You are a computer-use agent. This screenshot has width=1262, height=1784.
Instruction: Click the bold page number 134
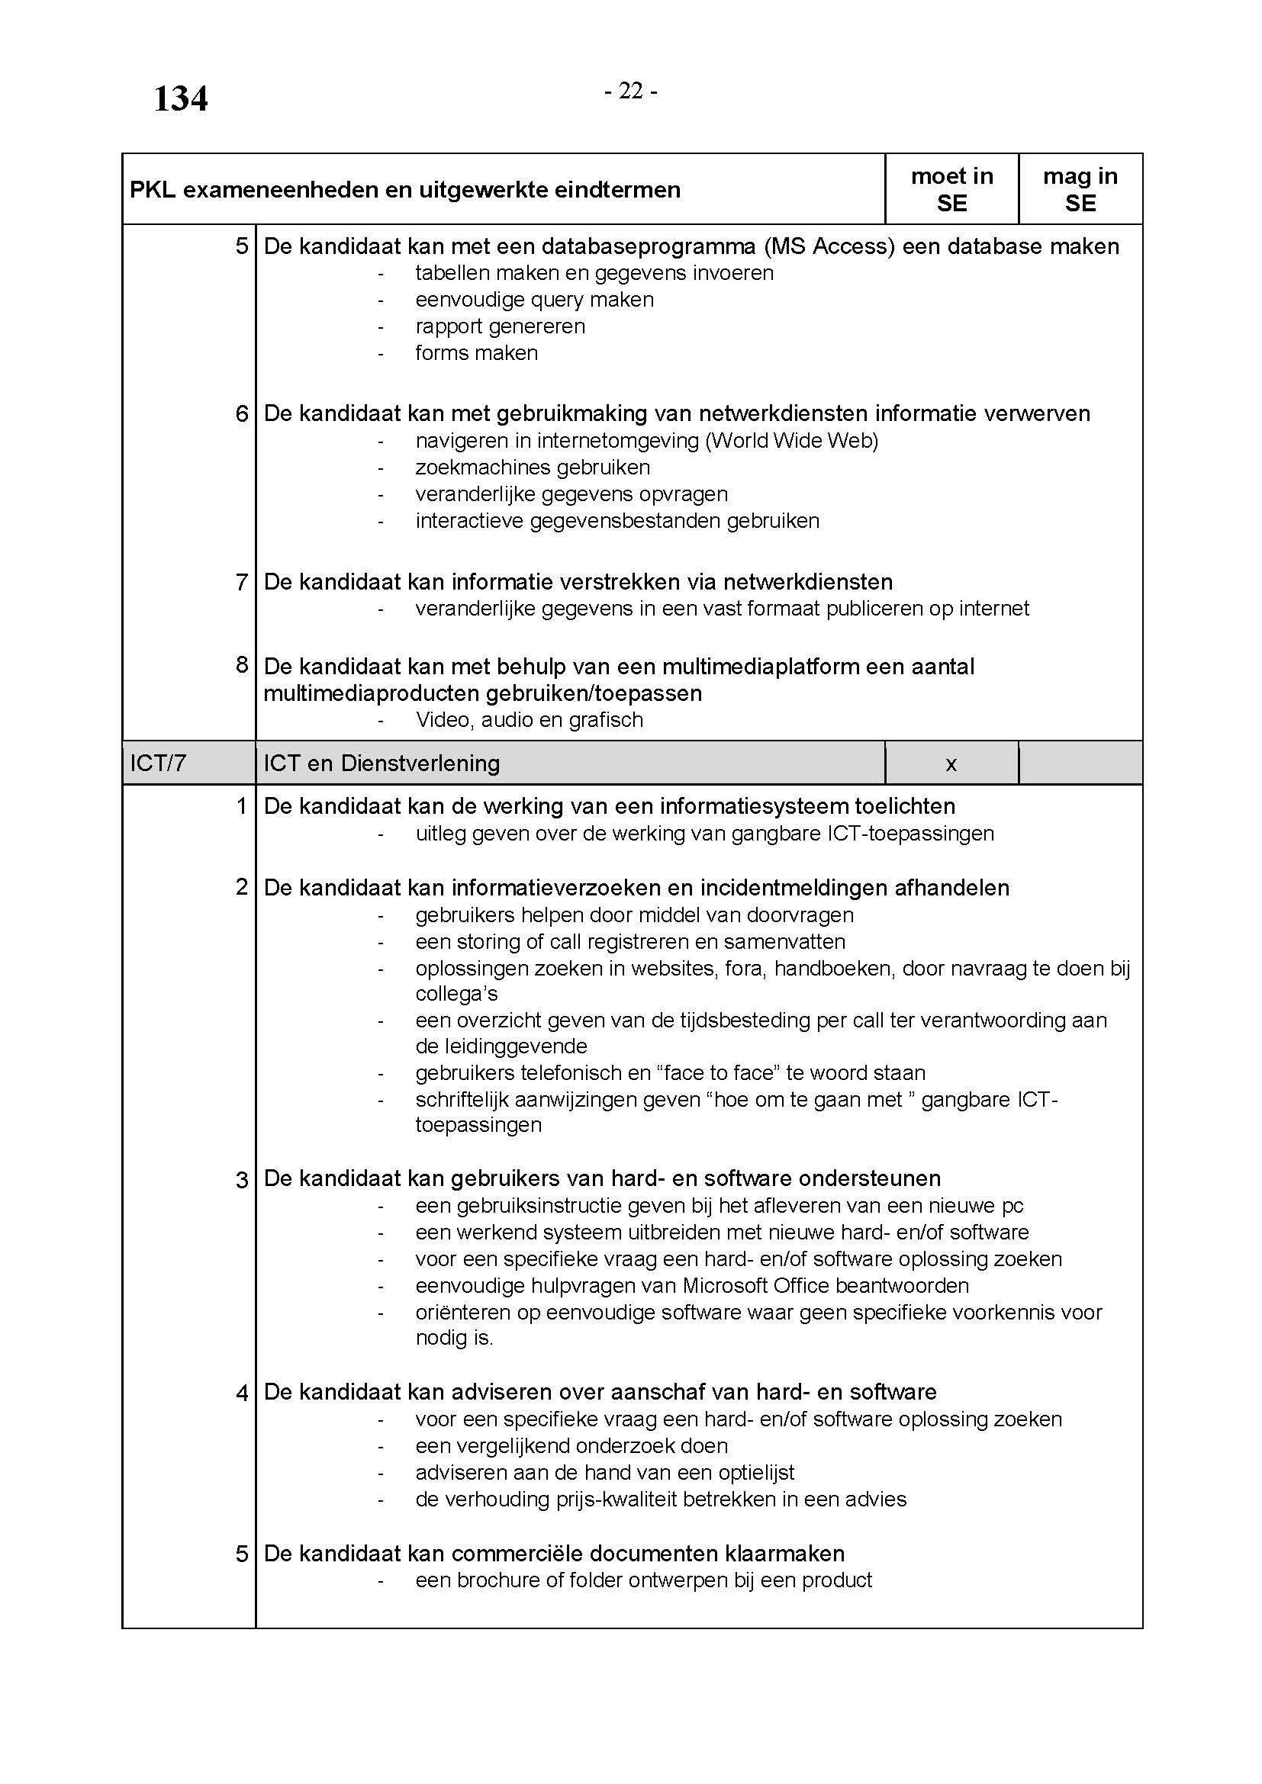click(180, 99)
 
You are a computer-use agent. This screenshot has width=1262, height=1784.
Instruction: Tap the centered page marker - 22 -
click(631, 92)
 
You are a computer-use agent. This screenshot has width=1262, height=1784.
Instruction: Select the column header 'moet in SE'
click(951, 190)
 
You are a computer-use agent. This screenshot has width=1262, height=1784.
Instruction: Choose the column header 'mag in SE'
click(1080, 190)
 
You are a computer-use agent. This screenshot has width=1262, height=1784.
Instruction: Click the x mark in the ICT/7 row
click(951, 764)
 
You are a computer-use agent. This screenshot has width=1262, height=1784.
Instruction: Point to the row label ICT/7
click(158, 763)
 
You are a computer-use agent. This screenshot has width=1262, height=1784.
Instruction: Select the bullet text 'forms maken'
click(476, 353)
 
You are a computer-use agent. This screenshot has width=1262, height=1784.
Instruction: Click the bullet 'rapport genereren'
click(500, 326)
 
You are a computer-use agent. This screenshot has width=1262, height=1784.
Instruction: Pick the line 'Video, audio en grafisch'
click(530, 720)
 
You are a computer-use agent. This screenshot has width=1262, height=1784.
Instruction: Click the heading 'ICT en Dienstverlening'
click(381, 763)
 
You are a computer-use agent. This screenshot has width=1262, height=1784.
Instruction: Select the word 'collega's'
click(456, 994)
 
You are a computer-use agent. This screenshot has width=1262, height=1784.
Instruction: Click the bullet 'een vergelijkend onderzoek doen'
click(571, 1446)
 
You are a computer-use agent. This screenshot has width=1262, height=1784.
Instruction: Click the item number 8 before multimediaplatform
click(242, 665)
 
